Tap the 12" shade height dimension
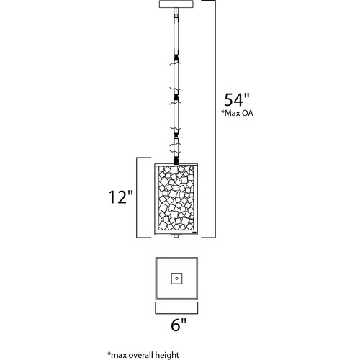(121, 197)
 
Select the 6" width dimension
(179, 325)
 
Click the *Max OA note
(237, 113)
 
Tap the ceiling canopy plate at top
(176, 4)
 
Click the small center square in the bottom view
(176, 279)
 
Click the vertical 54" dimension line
(215, 119)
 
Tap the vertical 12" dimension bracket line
(137, 198)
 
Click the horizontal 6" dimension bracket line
(176, 313)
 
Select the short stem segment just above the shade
(176, 147)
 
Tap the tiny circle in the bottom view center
(176, 279)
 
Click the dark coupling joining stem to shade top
(176, 161)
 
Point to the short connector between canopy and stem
(176, 12)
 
